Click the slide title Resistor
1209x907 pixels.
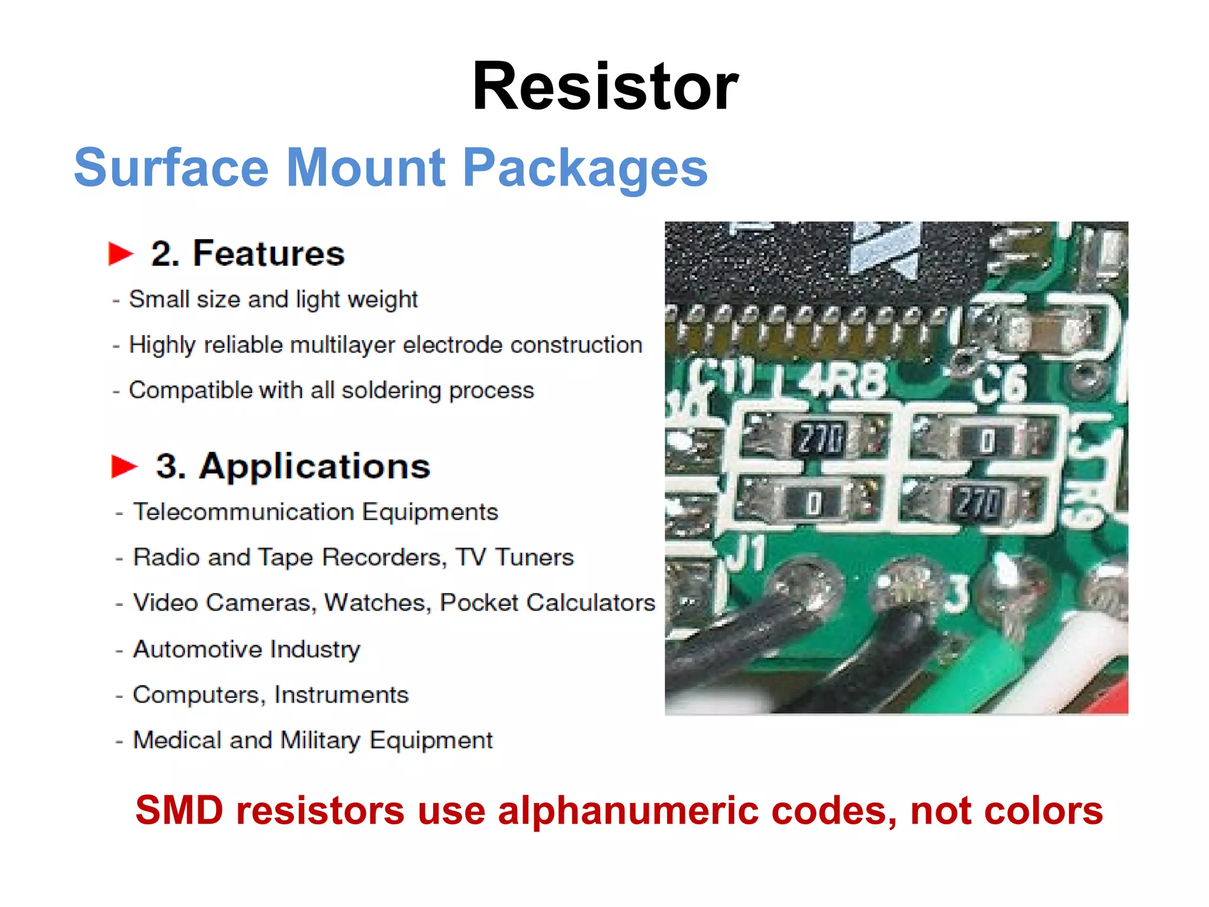tap(605, 87)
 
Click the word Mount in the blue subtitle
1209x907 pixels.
tap(365, 168)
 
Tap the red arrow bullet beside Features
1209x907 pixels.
tap(121, 254)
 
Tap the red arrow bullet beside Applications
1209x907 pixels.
tap(124, 466)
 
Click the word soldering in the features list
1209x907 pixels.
tap(391, 390)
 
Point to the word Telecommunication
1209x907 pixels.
tap(244, 512)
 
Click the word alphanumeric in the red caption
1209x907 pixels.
tap(628, 810)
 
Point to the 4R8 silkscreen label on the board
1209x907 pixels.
tap(844, 381)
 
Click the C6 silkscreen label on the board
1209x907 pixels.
tap(1000, 384)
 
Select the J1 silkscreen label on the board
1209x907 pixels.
tap(745, 554)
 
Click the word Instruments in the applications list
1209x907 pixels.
tap(341, 695)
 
